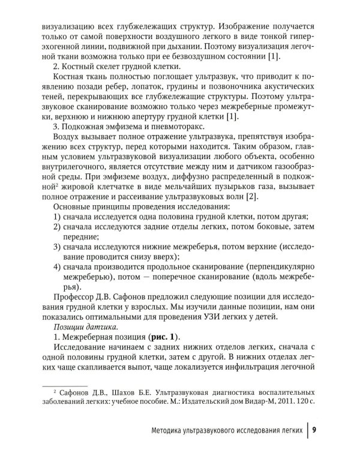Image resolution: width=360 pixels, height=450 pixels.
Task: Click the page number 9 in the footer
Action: (315, 429)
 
